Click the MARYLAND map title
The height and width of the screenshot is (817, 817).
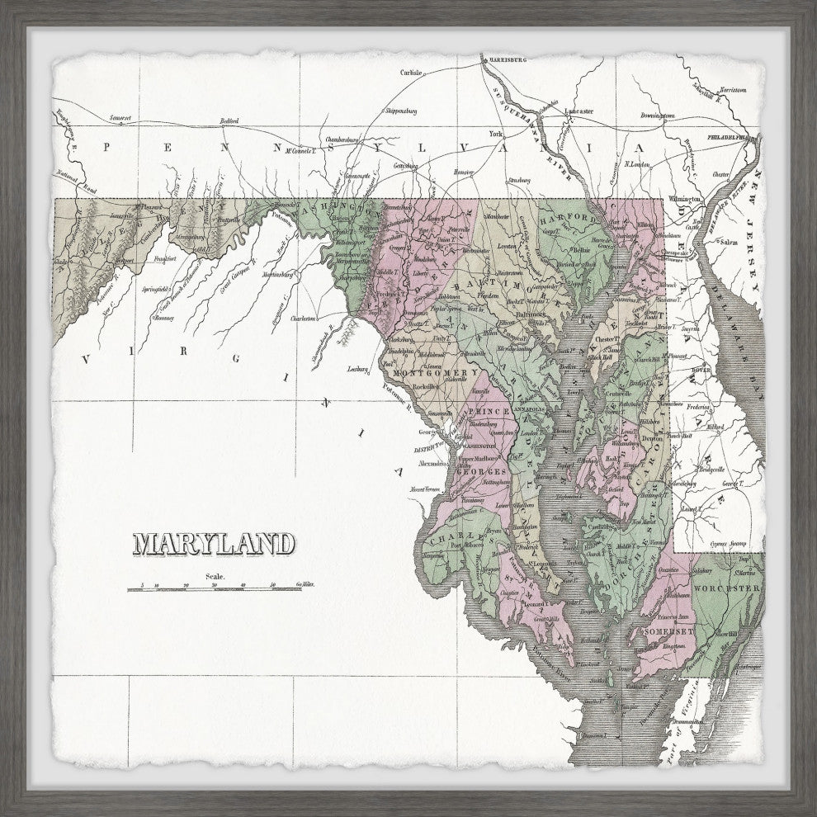[214, 544]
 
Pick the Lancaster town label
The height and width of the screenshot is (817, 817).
[579, 111]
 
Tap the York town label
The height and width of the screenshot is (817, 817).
[495, 133]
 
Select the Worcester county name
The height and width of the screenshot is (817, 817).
[725, 588]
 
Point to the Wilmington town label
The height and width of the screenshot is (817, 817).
[684, 199]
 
